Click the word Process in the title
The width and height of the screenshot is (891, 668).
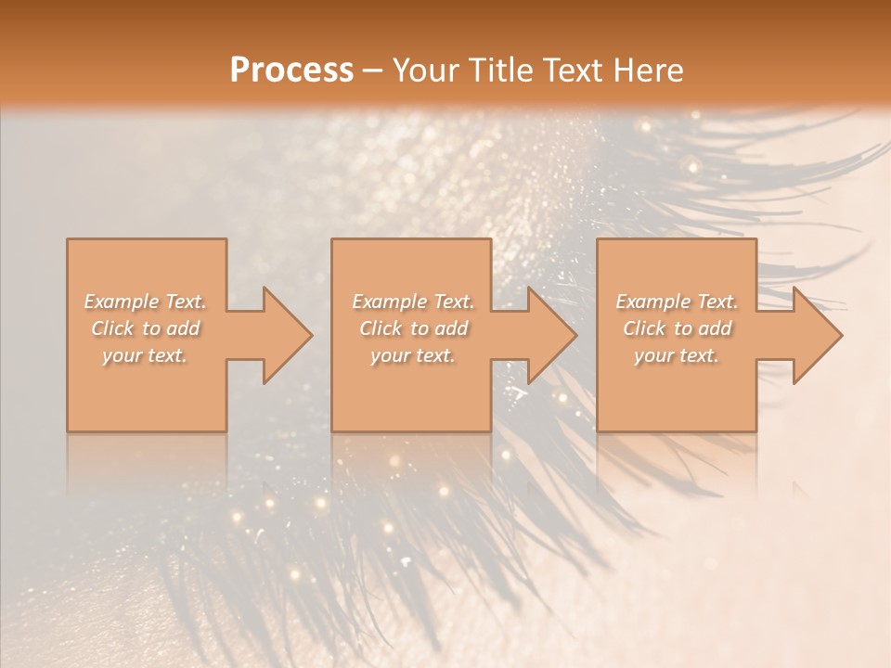(x=291, y=71)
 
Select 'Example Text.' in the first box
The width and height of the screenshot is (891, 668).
(x=146, y=302)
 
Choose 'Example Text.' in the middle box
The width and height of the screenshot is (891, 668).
(x=413, y=302)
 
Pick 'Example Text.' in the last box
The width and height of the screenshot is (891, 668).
(x=677, y=302)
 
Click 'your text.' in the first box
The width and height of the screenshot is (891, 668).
(x=145, y=355)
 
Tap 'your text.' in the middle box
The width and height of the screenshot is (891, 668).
(x=413, y=355)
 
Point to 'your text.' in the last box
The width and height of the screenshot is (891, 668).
(x=677, y=355)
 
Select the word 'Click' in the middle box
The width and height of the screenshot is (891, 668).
(x=380, y=328)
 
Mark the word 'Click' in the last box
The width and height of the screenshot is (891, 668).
(x=643, y=328)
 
